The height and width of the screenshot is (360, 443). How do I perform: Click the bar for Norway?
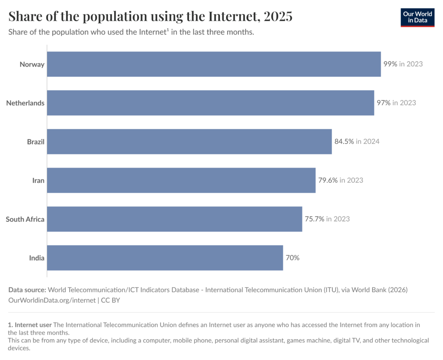(214, 64)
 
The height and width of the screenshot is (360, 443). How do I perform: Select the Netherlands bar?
(210, 103)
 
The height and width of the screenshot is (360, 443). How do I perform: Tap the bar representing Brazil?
(189, 141)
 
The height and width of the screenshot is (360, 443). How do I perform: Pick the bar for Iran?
(181, 180)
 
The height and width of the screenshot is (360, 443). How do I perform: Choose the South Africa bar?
(174, 219)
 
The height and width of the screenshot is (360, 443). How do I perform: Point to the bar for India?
(165, 258)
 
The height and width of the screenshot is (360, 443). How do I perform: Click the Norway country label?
(32, 64)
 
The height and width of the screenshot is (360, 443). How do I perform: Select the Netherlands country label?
(25, 103)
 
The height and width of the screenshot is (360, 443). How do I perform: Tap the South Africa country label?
(25, 219)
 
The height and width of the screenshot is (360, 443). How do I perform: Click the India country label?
(37, 258)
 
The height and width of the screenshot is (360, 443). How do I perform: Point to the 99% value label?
(390, 64)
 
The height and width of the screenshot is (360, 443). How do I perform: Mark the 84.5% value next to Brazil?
(344, 141)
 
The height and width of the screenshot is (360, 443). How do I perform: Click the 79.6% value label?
(328, 180)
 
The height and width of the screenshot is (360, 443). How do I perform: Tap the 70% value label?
(292, 258)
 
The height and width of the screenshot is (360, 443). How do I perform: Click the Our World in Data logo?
(417, 17)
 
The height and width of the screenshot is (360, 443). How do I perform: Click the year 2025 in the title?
(277, 16)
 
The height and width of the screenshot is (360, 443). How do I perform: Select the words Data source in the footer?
(27, 290)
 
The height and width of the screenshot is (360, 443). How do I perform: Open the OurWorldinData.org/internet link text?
(52, 299)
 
